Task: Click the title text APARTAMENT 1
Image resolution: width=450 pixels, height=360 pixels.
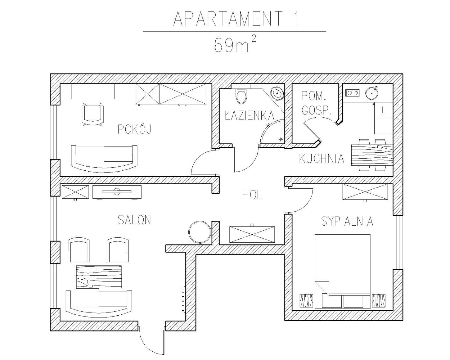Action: point(236,19)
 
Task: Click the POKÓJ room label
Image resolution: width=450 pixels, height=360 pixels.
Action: point(134,129)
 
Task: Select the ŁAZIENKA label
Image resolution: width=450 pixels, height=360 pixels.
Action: point(249,115)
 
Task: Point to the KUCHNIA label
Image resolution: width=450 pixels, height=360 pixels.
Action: point(321,158)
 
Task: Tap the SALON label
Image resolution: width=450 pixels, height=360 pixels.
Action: point(134,220)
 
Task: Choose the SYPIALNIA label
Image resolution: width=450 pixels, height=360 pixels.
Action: point(347,221)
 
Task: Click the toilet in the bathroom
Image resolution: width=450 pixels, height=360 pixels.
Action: point(241,96)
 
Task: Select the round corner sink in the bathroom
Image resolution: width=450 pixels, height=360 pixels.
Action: point(277,93)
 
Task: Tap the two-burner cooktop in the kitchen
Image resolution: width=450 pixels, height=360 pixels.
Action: point(352,93)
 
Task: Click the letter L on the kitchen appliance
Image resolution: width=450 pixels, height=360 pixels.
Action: point(383,110)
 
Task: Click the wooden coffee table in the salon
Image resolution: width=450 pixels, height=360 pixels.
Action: point(99,277)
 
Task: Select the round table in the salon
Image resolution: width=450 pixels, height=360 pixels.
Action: point(199,232)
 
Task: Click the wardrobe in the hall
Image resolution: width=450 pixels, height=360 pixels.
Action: point(252,234)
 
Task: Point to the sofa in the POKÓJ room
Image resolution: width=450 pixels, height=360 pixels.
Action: point(104,159)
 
